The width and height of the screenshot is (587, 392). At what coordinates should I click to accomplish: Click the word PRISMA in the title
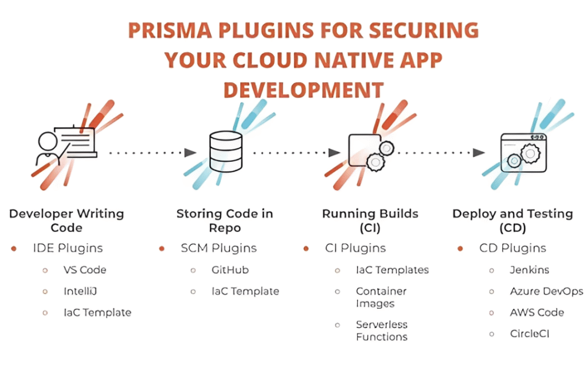click(x=170, y=30)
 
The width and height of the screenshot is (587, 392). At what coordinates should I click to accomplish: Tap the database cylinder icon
click(x=226, y=152)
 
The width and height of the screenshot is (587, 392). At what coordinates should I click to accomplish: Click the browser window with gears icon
click(x=523, y=153)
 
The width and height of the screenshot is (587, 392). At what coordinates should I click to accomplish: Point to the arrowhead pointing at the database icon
click(x=190, y=153)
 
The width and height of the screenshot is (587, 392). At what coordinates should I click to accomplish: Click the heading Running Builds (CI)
click(x=370, y=220)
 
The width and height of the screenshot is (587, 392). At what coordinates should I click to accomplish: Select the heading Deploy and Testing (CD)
click(x=512, y=220)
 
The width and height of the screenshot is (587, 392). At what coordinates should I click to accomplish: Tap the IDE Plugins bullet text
click(x=68, y=248)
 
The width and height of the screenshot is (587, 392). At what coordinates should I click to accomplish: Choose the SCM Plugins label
click(x=218, y=248)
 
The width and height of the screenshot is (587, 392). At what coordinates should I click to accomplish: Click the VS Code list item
click(x=85, y=270)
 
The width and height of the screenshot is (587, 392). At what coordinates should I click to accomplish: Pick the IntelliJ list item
click(x=80, y=291)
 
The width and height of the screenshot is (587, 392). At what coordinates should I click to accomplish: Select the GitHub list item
click(x=230, y=270)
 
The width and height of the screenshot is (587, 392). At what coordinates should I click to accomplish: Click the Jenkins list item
click(x=529, y=270)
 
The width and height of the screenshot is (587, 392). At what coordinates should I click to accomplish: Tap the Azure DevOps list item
click(x=546, y=291)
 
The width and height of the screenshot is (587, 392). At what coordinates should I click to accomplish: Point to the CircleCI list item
click(x=529, y=333)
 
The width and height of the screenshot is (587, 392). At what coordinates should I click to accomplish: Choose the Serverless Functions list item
click(x=382, y=331)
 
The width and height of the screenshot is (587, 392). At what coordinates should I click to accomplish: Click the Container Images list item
click(x=381, y=297)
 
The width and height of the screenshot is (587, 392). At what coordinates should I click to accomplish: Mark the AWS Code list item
click(x=537, y=312)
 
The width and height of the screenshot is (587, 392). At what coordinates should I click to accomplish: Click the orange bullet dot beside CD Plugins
click(x=460, y=249)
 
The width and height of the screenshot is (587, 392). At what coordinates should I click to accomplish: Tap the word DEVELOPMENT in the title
click(x=304, y=90)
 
